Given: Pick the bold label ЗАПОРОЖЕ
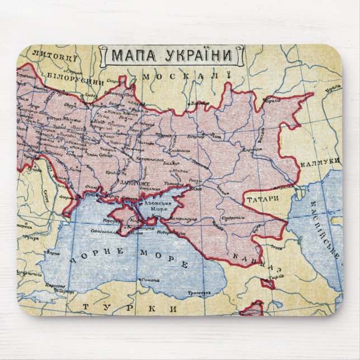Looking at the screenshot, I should pyautogui.click(x=132, y=182).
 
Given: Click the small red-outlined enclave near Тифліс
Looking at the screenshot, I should pyautogui.click(x=268, y=284).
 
